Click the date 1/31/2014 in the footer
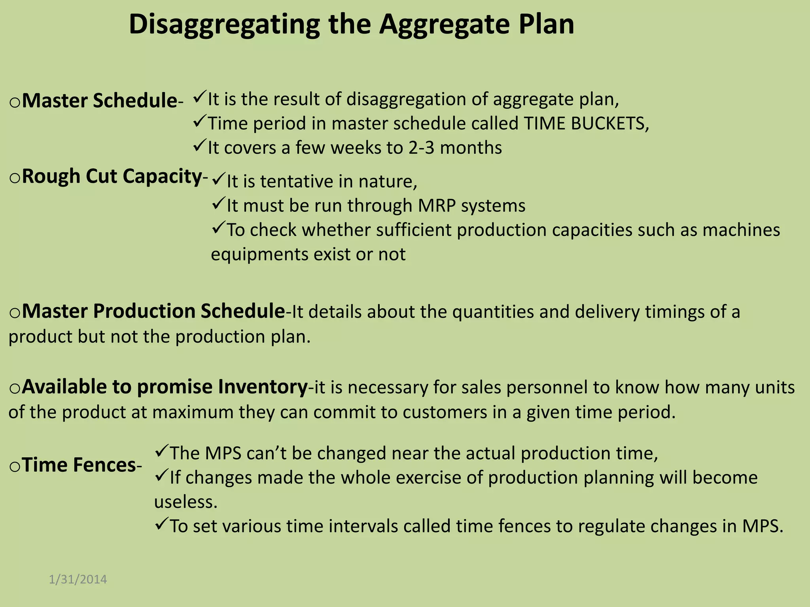pos(78,579)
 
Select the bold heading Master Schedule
pos(99,100)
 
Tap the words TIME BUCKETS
pos(585,124)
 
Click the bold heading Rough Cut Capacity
pos(112,176)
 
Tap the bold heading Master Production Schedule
pos(153,311)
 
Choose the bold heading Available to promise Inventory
pos(165,386)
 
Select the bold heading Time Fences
pos(79,465)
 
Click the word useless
pos(185,502)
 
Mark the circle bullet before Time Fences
pos(15,467)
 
